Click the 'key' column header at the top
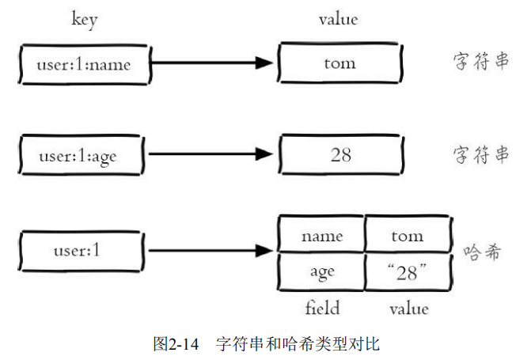click(82, 19)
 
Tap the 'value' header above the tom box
click(338, 19)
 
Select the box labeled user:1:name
click(83, 64)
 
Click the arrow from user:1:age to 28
click(211, 156)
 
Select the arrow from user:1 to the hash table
click(211, 252)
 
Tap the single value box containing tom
click(340, 64)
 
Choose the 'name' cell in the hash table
click(321, 235)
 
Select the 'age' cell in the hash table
click(321, 271)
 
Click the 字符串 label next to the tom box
click(481, 63)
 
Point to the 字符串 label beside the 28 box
click(481, 155)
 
